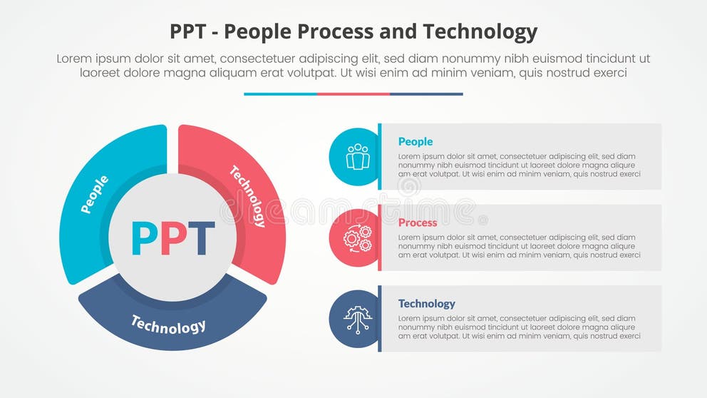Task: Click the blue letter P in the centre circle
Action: pyautogui.click(x=143, y=239)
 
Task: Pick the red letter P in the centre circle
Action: pyautogui.click(x=172, y=239)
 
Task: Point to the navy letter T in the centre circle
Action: pyautogui.click(x=200, y=239)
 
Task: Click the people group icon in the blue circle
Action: pyautogui.click(x=357, y=157)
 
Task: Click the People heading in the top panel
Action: pyautogui.click(x=416, y=141)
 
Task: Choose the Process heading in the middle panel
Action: pyautogui.click(x=418, y=223)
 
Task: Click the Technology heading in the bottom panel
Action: pyautogui.click(x=427, y=303)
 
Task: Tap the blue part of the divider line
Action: pyautogui.click(x=280, y=93)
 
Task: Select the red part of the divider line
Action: pyautogui.click(x=353, y=93)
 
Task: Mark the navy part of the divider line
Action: pyautogui.click(x=426, y=93)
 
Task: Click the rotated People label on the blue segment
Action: pyautogui.click(x=95, y=194)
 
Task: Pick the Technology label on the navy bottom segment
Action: pyautogui.click(x=168, y=325)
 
